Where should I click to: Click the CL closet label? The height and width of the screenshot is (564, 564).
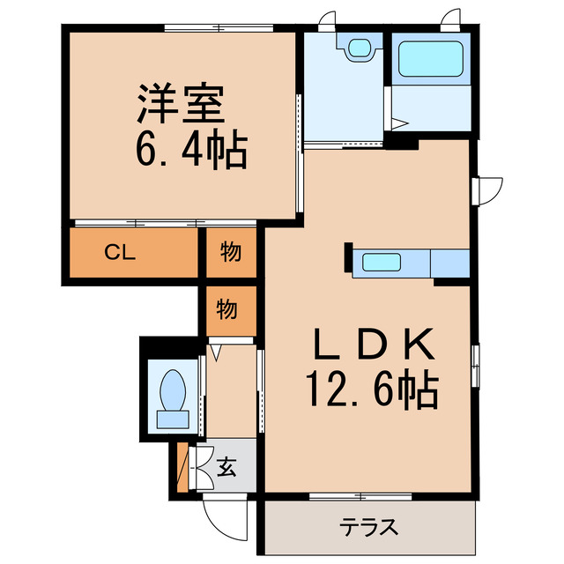pos(120,253)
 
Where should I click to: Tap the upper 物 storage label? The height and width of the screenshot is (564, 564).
pos(230,253)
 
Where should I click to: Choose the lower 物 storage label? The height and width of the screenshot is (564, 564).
pos(226,309)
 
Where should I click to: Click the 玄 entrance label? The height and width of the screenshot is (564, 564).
pos(226,467)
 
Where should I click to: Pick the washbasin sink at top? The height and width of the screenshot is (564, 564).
pos(360,48)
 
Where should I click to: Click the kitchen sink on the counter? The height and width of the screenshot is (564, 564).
pos(381,263)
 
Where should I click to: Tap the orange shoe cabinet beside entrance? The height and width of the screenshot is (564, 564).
pos(182,470)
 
